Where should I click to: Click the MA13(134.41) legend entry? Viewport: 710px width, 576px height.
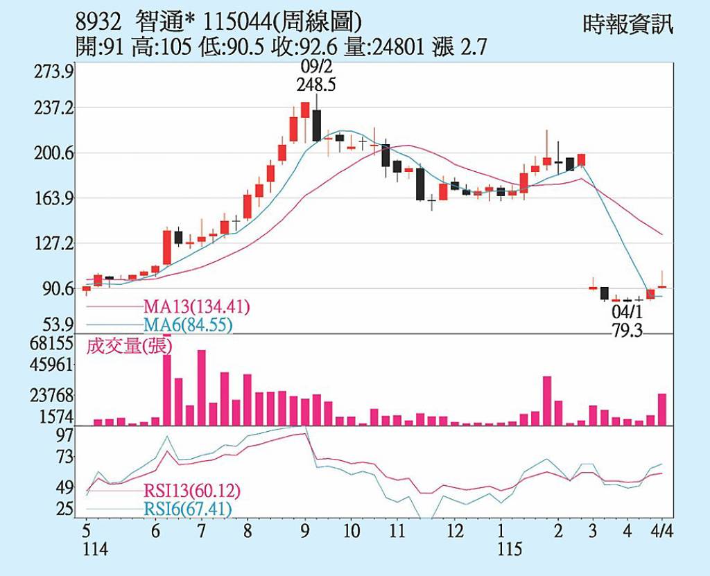coord(197,307)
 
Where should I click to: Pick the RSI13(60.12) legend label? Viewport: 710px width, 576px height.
coord(192,491)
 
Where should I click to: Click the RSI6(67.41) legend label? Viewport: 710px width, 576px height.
coord(187,510)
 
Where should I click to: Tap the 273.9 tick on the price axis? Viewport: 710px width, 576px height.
coord(54,72)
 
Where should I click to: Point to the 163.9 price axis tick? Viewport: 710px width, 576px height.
coord(54,199)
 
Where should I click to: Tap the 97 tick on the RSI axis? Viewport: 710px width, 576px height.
coord(64,435)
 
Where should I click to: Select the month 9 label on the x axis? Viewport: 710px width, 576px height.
coord(305,532)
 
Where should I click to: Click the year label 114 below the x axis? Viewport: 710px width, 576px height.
coord(95,550)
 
